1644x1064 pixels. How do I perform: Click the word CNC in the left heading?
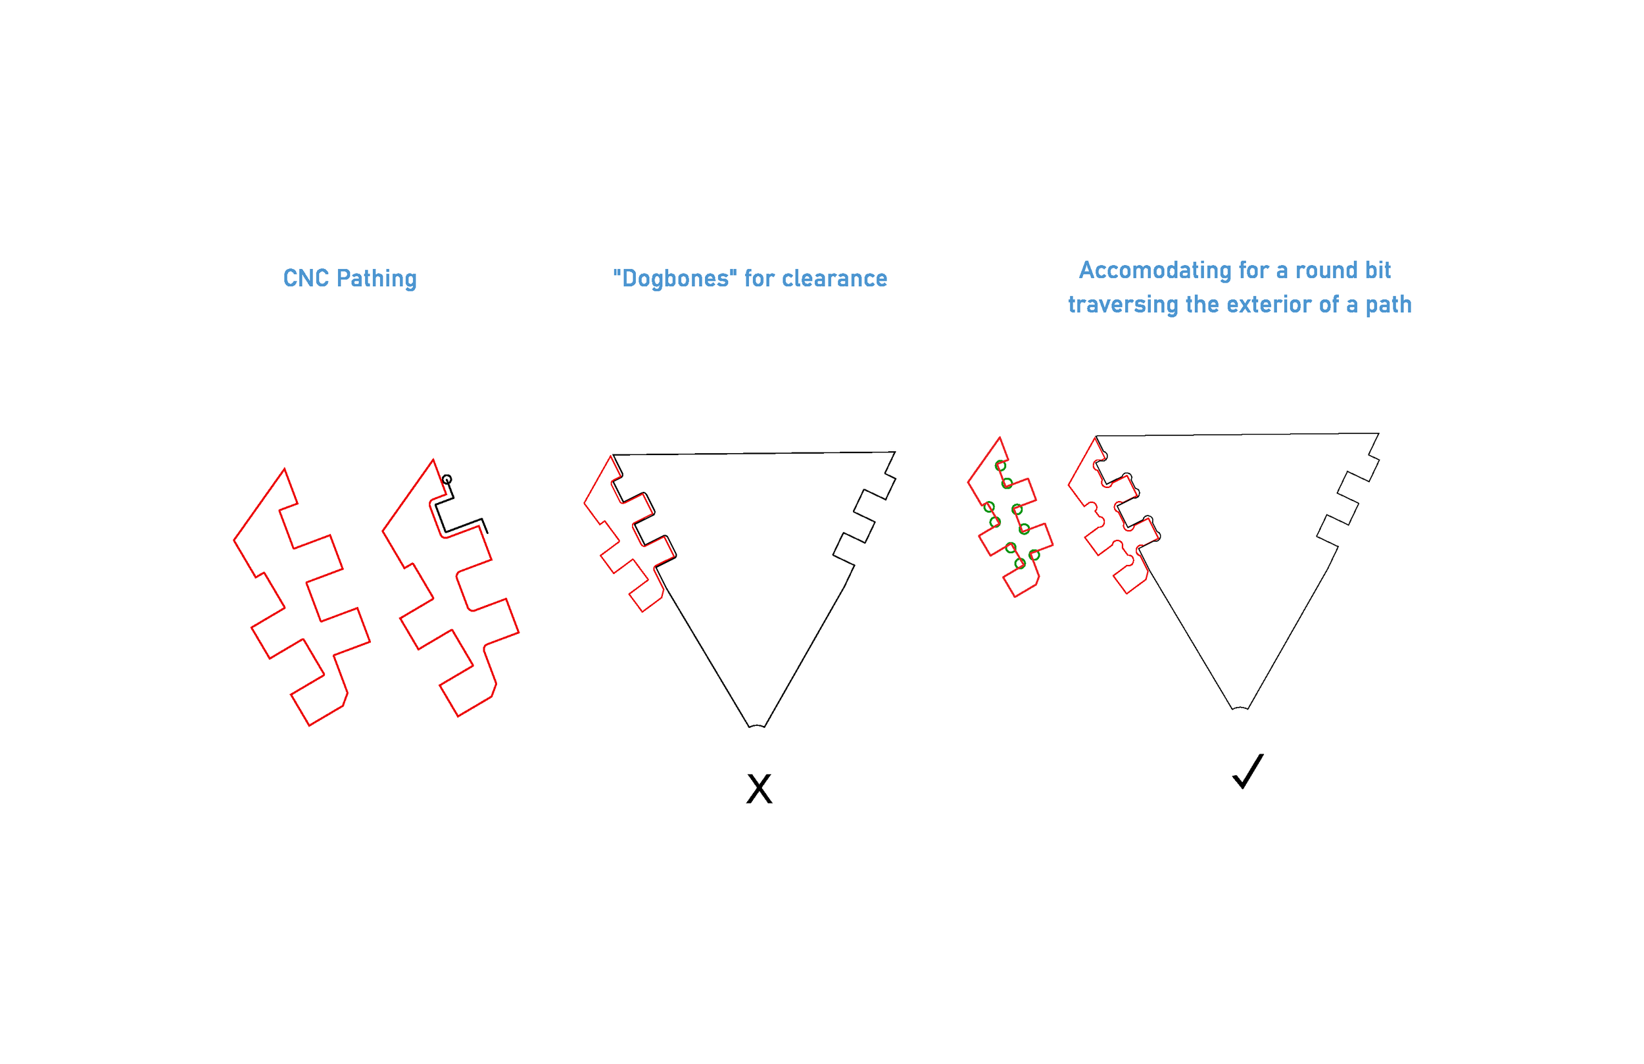pos(306,278)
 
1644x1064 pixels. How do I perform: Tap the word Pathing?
pos(376,278)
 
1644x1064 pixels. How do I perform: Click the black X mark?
pos(759,788)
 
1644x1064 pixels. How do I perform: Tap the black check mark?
pos(1247,771)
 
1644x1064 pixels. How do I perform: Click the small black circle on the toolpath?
pos(447,479)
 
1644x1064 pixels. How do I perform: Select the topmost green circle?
pos(1000,466)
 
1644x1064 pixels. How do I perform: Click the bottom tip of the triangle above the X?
pos(757,726)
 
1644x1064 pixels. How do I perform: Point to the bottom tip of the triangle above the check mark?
pos(1241,708)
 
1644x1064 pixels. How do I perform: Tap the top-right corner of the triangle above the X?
pos(895,452)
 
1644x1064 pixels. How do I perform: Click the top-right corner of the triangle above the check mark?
pos(1379,433)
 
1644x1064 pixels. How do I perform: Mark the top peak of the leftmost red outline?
pos(285,469)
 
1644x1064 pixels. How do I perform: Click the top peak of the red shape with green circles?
pos(1000,437)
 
